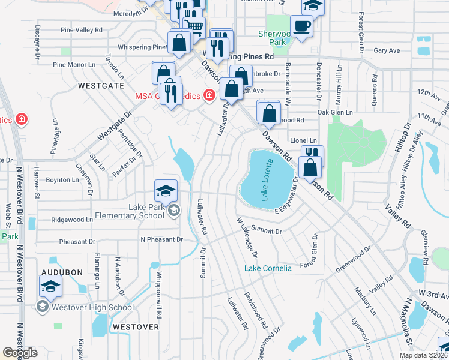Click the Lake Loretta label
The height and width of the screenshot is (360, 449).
pos(264,178)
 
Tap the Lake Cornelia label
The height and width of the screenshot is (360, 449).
pos(268,268)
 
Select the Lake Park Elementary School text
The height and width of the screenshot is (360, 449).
pos(137,212)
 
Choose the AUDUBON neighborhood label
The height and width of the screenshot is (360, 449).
pos(62,272)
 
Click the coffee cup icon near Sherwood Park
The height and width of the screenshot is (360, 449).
pos(301,26)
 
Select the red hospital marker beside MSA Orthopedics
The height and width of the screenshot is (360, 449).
pos(209,95)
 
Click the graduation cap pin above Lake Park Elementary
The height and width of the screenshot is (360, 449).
pos(166,190)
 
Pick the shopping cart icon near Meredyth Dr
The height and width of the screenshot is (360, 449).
pos(193,26)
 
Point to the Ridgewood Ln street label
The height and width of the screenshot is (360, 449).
pos(73,220)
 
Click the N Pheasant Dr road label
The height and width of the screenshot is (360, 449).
pos(162,239)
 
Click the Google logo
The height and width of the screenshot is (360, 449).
pos(20,353)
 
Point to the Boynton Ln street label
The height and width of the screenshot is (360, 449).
pos(62,180)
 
